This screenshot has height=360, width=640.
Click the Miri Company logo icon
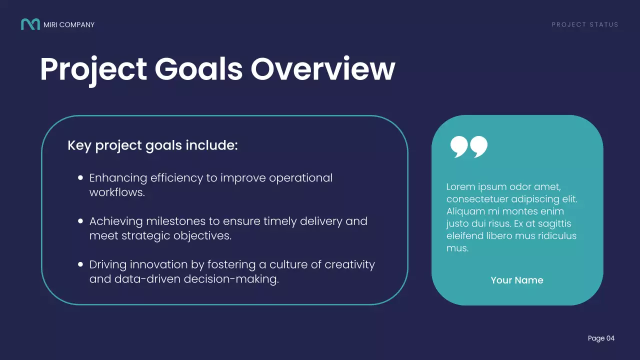click(30, 24)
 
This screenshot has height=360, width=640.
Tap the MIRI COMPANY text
click(69, 24)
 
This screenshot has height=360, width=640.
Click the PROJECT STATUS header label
click(585, 24)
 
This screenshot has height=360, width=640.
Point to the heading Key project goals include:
click(152, 145)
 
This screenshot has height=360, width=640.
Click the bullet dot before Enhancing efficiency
click(80, 177)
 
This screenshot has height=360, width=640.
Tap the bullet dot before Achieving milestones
click(80, 221)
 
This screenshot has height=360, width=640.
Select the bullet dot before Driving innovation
click(80, 264)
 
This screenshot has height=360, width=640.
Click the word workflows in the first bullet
click(117, 192)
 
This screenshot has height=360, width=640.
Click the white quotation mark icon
click(468, 146)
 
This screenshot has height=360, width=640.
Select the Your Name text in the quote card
click(517, 280)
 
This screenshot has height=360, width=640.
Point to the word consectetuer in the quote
click(477, 199)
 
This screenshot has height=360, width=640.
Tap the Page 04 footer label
click(601, 338)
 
